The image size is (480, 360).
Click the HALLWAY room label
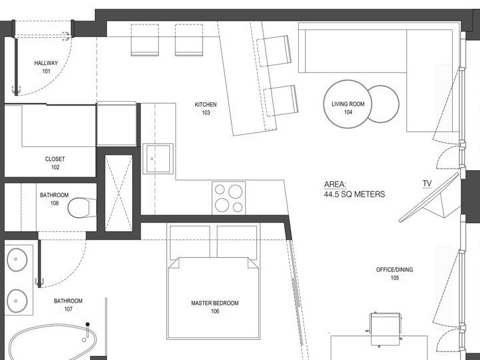tap(46, 63)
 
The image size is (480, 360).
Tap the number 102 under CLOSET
tap(55, 167)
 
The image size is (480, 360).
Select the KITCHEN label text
tap(206, 104)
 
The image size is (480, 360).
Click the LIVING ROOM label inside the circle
tap(348, 104)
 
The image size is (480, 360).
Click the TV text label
tap(427, 183)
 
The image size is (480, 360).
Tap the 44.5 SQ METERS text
tap(355, 194)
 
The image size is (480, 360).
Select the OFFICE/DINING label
tap(394, 270)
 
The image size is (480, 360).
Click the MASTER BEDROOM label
tap(215, 303)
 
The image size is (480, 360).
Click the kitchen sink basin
tap(158, 159)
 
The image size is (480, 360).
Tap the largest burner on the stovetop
tap(236, 191)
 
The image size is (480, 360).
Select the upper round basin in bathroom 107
tap(17, 260)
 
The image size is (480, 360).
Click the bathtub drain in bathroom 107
tap(84, 340)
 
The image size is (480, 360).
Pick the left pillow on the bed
tap(190, 242)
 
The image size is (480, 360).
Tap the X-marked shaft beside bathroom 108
tap(119, 193)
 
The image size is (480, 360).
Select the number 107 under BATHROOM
tap(68, 309)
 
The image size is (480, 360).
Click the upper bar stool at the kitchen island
tap(274, 51)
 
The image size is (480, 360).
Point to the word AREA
tap(335, 185)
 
